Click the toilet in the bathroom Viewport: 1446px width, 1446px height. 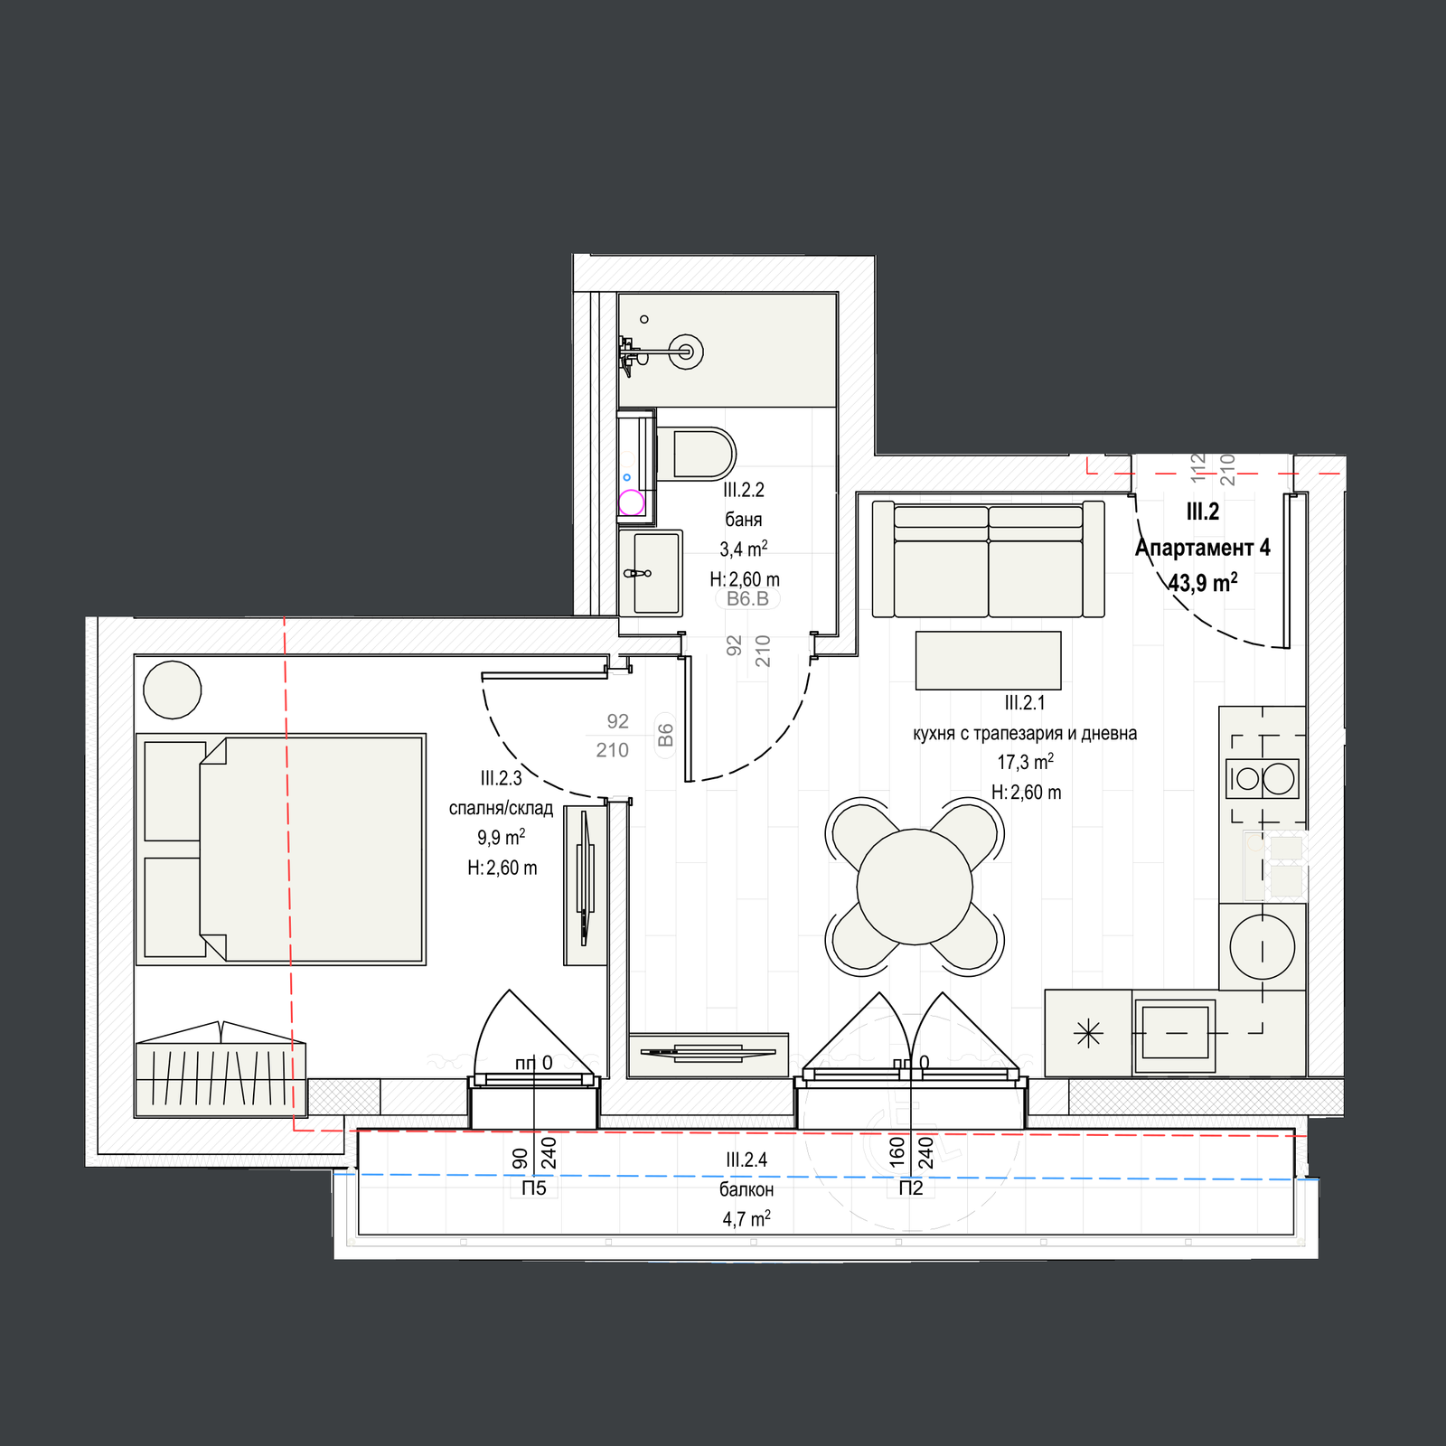pyautogui.click(x=695, y=453)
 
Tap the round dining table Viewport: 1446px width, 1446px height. pyautogui.click(x=915, y=887)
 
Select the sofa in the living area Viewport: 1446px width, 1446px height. pyautogui.click(x=988, y=559)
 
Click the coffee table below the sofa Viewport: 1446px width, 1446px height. pyautogui.click(x=988, y=661)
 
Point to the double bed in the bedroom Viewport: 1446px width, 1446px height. pyautogui.click(x=280, y=849)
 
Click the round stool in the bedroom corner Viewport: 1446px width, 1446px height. pyautogui.click(x=172, y=690)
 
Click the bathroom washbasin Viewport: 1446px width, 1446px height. pyautogui.click(x=650, y=573)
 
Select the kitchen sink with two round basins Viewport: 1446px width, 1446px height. pyautogui.click(x=1263, y=778)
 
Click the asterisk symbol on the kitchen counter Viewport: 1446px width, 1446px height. pyautogui.click(x=1089, y=1033)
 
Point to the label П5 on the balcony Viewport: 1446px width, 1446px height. pyautogui.click(x=534, y=1188)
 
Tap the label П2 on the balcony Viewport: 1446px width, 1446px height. pyautogui.click(x=911, y=1188)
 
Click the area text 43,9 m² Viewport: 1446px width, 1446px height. pyautogui.click(x=1203, y=582)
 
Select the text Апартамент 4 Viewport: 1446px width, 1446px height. pyautogui.click(x=1203, y=548)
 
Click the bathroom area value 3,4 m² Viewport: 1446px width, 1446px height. pyautogui.click(x=744, y=549)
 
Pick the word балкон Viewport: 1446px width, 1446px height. pyautogui.click(x=746, y=1189)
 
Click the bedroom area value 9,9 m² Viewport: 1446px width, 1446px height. pyautogui.click(x=502, y=837)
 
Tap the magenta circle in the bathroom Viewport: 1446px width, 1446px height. pyautogui.click(x=631, y=502)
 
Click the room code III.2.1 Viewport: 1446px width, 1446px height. pyautogui.click(x=1025, y=703)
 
